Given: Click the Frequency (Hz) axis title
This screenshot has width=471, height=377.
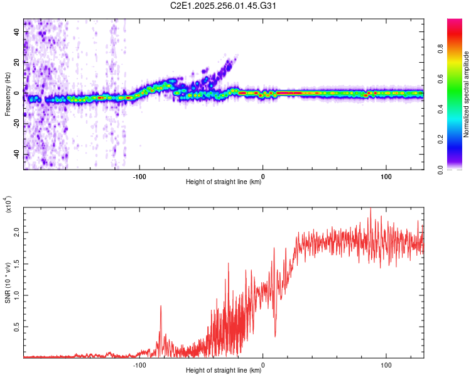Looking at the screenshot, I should click(x=8, y=94).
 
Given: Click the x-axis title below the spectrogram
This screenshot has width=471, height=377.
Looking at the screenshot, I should click(x=224, y=183).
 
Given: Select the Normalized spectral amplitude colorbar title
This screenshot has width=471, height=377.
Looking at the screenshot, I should click(x=467, y=94).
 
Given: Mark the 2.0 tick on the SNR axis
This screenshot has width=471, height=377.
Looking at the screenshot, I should click(x=17, y=232).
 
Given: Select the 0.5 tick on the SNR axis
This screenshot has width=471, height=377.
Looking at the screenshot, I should click(x=17, y=327).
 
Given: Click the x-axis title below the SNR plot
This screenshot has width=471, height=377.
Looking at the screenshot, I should click(x=224, y=371).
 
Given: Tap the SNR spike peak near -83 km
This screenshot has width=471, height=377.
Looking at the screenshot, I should click(x=161, y=305).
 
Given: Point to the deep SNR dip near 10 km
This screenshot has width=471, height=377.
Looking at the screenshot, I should click(x=275, y=336).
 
